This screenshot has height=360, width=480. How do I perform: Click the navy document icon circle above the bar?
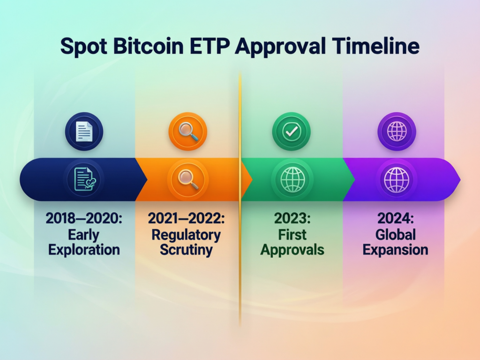tap(84, 132)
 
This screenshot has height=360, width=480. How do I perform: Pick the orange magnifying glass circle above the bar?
tap(188, 132)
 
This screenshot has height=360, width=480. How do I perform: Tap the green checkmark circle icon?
tap(292, 132)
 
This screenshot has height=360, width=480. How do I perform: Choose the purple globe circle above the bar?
tap(396, 132)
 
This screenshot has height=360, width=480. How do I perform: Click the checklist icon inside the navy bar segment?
tap(84, 180)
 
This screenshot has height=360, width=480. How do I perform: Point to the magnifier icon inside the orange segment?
tap(188, 180)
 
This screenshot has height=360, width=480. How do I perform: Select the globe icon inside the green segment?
tap(292, 180)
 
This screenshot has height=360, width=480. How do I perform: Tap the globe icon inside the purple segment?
tap(396, 180)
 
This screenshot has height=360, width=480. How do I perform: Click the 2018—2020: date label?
tap(84, 218)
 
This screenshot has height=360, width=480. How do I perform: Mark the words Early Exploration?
tap(84, 241)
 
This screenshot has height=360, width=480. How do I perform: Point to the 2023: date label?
tap(292, 218)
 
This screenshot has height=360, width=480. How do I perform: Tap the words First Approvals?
tap(292, 241)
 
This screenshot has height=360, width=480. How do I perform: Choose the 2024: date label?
tap(396, 218)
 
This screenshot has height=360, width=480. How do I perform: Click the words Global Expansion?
tap(396, 241)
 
